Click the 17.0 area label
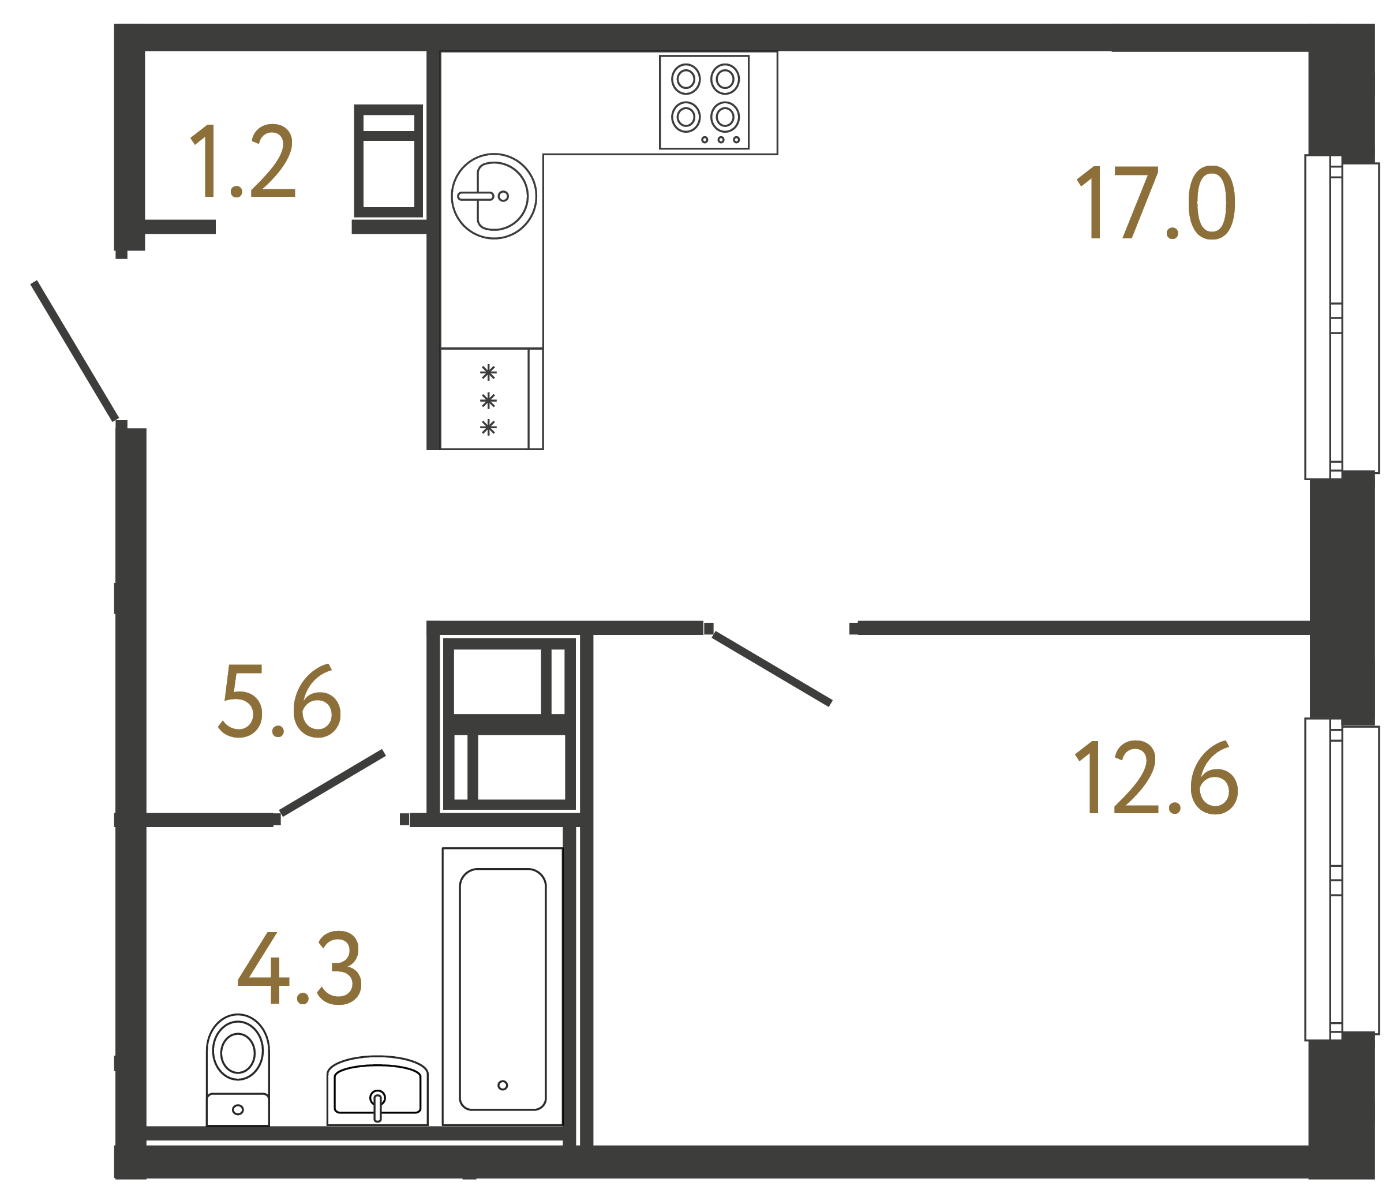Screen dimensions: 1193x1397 point(1156,203)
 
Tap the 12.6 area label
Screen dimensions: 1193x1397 point(1156,777)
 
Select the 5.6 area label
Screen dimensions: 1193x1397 point(280,701)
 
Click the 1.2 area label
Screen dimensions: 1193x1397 point(243,161)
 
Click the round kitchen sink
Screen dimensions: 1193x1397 point(493,196)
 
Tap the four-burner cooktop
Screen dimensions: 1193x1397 point(704,102)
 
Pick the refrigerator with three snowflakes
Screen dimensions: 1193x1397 point(491,399)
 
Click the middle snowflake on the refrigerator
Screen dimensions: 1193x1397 point(488,401)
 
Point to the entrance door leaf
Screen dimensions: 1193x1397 point(75,351)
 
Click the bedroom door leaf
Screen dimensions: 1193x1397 point(771,668)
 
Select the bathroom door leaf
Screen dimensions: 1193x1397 point(332,783)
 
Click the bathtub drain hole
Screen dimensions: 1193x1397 point(502,1085)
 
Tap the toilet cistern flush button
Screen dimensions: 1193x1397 point(237,1109)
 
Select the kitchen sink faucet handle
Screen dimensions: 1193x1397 point(476,196)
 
